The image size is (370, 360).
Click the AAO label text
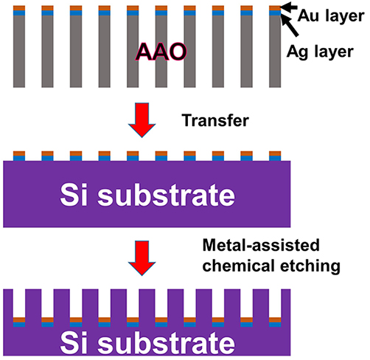pyautogui.click(x=161, y=52)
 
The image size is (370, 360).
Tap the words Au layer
pyautogui.click(x=331, y=16)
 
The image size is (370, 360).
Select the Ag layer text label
pyautogui.click(x=320, y=52)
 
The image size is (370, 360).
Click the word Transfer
pyautogui.click(x=215, y=120)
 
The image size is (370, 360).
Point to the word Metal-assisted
pyautogui.click(x=261, y=245)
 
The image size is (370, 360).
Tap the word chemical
pyautogui.click(x=239, y=266)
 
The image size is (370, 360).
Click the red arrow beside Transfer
pyautogui.click(x=142, y=120)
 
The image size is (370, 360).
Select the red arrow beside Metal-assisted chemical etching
pyautogui.click(x=142, y=258)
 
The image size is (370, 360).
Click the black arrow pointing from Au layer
pyautogui.click(x=289, y=7)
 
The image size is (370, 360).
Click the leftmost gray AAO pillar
pyautogui.click(x=19, y=52)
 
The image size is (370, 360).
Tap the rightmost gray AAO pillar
pyautogui.click(x=275, y=52)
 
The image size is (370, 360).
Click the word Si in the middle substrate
pyautogui.click(x=74, y=195)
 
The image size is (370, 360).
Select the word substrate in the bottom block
pyautogui.click(x=166, y=342)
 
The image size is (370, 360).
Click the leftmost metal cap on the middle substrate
pyautogui.click(x=19, y=156)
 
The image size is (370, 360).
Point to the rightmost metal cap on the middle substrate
pyautogui.click(x=275, y=156)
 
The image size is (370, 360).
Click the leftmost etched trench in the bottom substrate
pyautogui.click(x=19, y=303)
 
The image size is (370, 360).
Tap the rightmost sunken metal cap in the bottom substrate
pyautogui.click(x=275, y=322)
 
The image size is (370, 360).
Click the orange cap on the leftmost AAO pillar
pyautogui.click(x=19, y=8)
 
